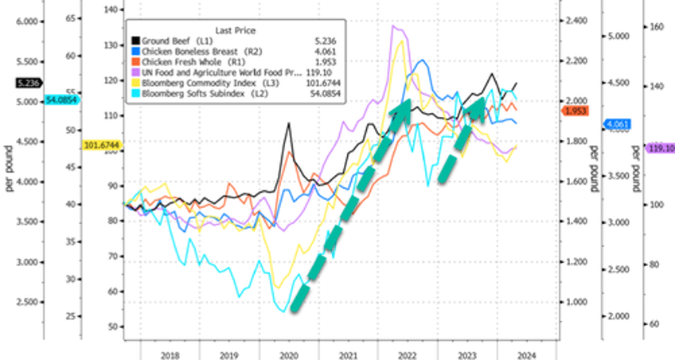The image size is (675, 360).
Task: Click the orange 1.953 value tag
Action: point(574,112)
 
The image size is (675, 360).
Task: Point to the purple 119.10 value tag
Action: point(661,148)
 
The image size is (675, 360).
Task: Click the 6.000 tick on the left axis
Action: point(28,22)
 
